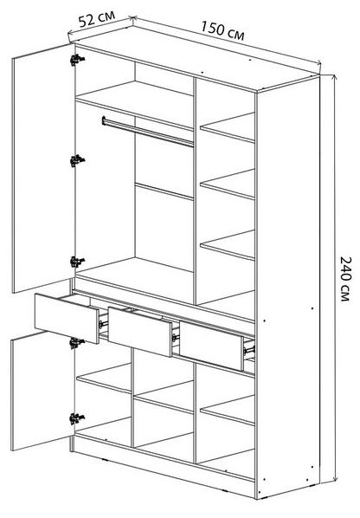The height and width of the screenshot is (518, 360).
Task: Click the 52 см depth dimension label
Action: point(96,19)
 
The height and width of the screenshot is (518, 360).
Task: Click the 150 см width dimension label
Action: point(222,30)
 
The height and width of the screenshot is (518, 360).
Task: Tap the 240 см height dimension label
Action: point(345,279)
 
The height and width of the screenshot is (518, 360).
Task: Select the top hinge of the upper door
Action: point(77,60)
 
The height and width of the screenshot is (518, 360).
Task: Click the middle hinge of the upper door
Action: point(77,160)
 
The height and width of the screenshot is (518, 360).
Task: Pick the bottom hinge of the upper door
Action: point(77,262)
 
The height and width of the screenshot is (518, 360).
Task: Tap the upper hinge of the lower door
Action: point(77,343)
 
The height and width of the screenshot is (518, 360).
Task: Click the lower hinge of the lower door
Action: point(77,418)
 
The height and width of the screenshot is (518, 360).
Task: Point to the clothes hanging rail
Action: point(147,132)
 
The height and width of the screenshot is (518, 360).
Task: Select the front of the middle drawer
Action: point(140,332)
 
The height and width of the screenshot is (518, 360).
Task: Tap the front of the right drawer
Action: point(211,346)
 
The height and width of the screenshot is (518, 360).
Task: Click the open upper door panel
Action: point(43,168)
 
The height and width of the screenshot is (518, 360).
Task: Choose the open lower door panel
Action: point(42,392)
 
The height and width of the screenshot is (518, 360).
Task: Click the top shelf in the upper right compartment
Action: point(228,127)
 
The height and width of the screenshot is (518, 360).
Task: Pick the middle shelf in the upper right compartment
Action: point(228,185)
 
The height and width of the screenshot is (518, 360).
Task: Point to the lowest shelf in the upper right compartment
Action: point(228,245)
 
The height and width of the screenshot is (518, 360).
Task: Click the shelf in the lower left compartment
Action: point(104,378)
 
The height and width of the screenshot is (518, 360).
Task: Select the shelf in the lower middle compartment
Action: point(164,398)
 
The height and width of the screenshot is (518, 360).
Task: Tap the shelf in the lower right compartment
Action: point(228,411)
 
